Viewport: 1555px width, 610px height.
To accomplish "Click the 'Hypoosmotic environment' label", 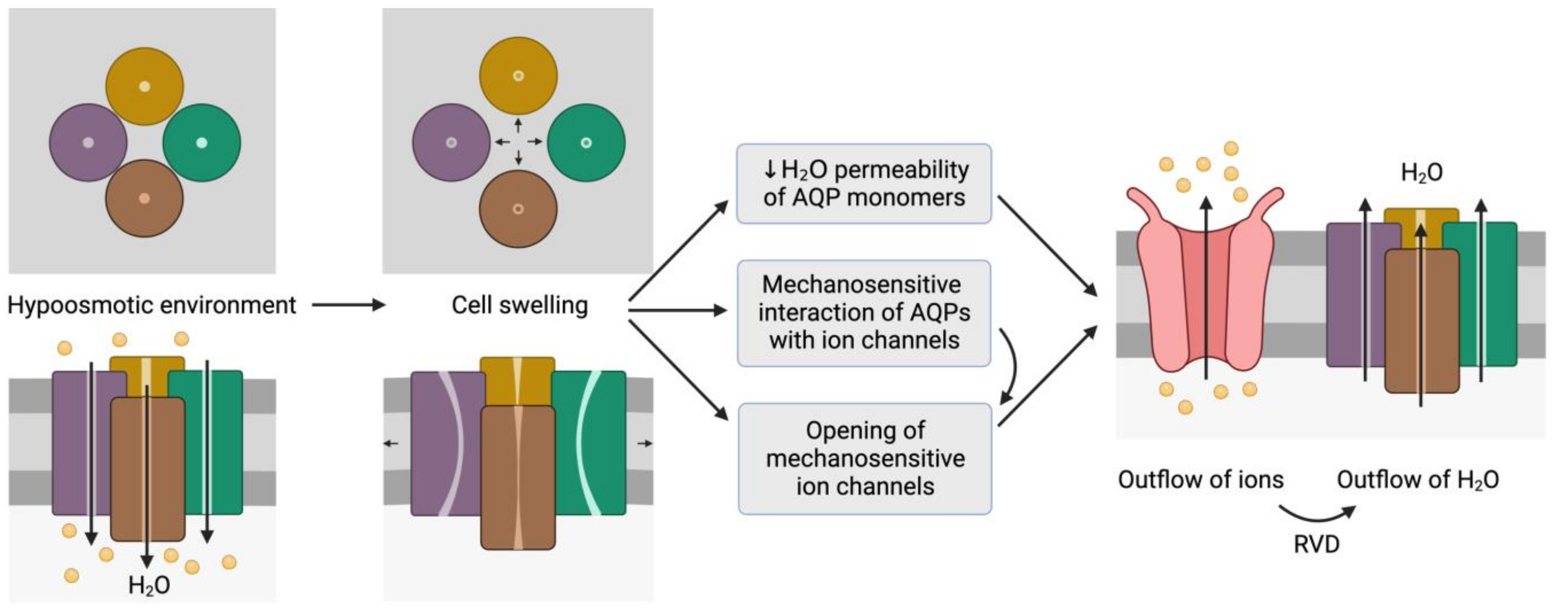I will tap(152, 305).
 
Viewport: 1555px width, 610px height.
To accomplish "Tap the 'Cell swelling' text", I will tap(519, 305).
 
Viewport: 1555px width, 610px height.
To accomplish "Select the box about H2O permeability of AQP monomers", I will tap(864, 183).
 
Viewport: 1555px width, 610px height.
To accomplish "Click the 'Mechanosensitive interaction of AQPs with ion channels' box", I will tap(864, 313).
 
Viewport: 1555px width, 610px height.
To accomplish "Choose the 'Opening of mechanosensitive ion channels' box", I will tap(865, 458).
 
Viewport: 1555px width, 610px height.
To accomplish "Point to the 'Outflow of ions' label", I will tap(1200, 480).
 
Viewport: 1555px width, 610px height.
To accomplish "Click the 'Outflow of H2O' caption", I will tap(1418, 480).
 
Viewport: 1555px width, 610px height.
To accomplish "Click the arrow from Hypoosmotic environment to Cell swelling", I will tap(348, 305).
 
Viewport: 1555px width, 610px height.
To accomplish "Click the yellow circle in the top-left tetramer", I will tap(145, 86).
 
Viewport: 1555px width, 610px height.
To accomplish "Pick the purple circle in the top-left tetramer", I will tap(88, 143).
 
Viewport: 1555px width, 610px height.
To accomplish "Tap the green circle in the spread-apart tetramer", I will tap(586, 143).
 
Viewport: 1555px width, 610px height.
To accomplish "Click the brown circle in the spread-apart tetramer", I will tap(518, 209).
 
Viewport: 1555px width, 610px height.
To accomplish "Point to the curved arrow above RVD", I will tap(1316, 514).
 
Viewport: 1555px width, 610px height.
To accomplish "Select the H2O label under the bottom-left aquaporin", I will tap(149, 585).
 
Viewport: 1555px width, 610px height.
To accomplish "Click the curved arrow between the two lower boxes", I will tap(1012, 365).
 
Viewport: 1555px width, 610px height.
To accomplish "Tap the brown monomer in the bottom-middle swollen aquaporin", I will tap(517, 477).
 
